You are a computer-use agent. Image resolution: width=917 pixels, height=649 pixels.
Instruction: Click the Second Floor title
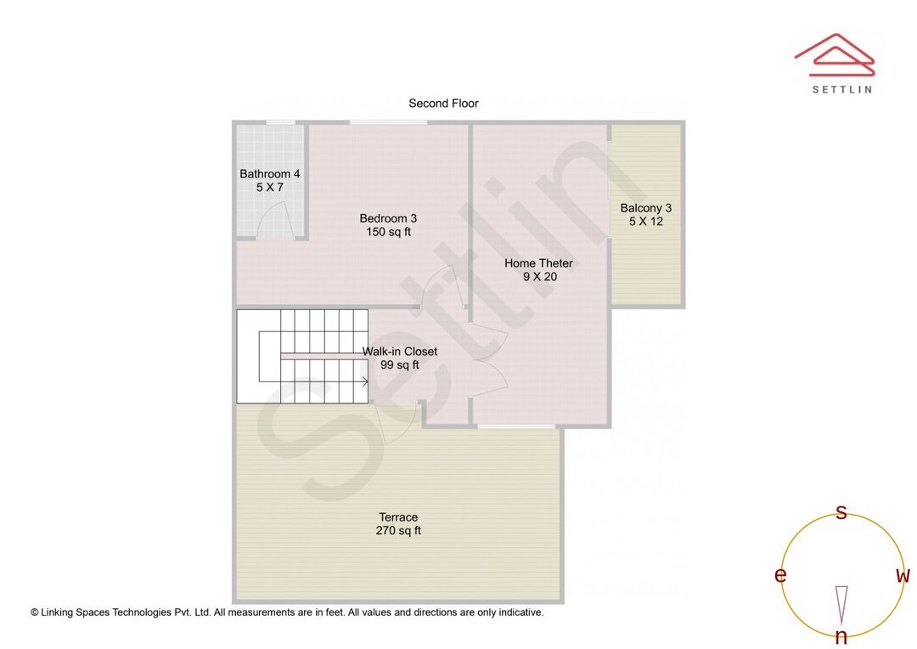[443, 104]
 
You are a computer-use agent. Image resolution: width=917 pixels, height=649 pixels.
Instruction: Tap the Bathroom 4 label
[269, 174]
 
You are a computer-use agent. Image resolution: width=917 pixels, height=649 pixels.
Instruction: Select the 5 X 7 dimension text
[269, 188]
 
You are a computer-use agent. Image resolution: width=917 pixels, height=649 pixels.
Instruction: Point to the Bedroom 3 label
[388, 218]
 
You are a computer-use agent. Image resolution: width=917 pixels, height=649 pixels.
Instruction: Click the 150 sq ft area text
[388, 232]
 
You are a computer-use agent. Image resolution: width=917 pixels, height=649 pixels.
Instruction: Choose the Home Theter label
[538, 263]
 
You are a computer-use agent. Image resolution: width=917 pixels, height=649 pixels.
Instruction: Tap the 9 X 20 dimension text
[538, 277]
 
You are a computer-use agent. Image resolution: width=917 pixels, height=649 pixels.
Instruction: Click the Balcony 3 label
[645, 208]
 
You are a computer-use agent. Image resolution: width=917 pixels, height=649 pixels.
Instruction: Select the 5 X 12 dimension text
[645, 222]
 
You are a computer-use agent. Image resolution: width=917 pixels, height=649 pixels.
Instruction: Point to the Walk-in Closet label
[400, 352]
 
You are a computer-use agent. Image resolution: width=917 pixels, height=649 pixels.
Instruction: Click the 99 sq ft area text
[400, 365]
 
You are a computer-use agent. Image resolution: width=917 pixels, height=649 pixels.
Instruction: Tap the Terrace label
[398, 517]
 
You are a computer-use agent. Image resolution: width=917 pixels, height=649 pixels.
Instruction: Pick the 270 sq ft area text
[398, 531]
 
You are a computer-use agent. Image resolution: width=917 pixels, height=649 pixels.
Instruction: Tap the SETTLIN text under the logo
[841, 89]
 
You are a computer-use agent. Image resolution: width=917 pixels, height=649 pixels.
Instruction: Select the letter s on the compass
[841, 512]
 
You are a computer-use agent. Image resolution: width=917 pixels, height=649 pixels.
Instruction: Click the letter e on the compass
[779, 576]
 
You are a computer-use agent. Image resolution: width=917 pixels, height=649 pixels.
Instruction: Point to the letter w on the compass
[903, 576]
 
